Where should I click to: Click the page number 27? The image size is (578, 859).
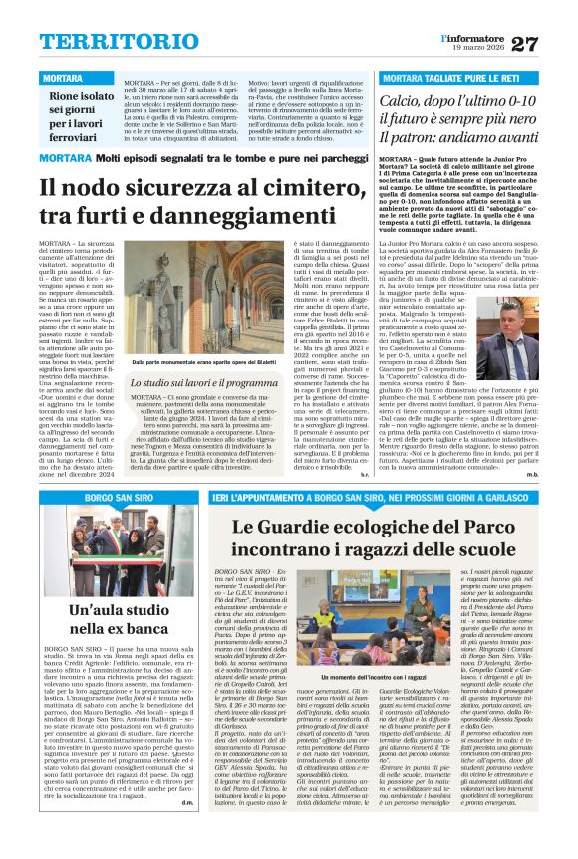pos(551,43)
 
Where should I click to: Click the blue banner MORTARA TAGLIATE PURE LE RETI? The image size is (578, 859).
pos(448,77)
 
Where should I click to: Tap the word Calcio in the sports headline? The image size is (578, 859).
pos(414,101)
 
